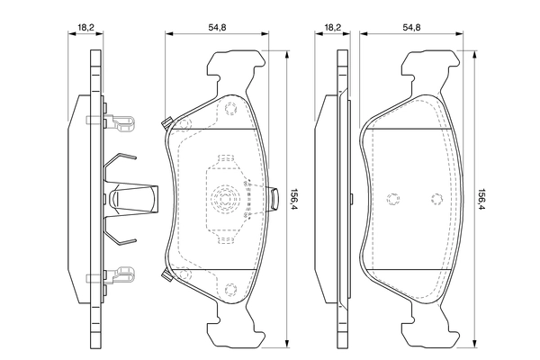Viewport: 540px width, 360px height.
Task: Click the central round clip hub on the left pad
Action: click(x=226, y=199)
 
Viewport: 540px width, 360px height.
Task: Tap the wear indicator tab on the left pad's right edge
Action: click(x=274, y=199)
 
